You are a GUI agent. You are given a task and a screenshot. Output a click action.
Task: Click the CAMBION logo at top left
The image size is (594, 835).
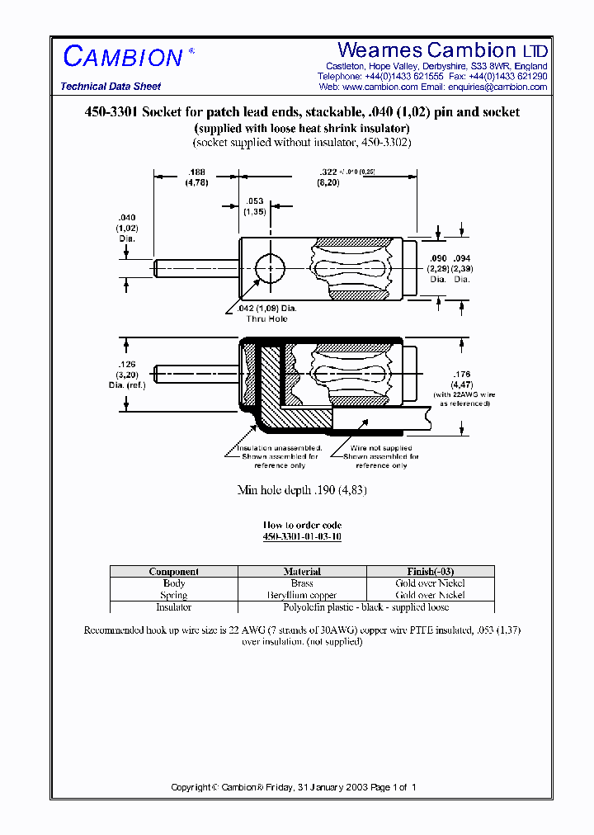point(123,57)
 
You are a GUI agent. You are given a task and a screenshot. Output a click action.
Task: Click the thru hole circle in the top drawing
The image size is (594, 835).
point(269,269)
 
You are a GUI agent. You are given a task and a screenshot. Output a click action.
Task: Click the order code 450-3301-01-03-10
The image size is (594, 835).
point(302,536)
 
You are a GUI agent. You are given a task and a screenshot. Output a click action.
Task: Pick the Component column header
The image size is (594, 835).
point(173,571)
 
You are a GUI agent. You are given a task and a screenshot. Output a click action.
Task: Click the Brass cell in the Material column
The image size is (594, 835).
point(302,583)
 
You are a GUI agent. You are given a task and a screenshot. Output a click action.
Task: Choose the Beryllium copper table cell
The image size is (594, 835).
point(302,595)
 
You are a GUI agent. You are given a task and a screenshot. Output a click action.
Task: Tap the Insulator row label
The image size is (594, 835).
point(173,606)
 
